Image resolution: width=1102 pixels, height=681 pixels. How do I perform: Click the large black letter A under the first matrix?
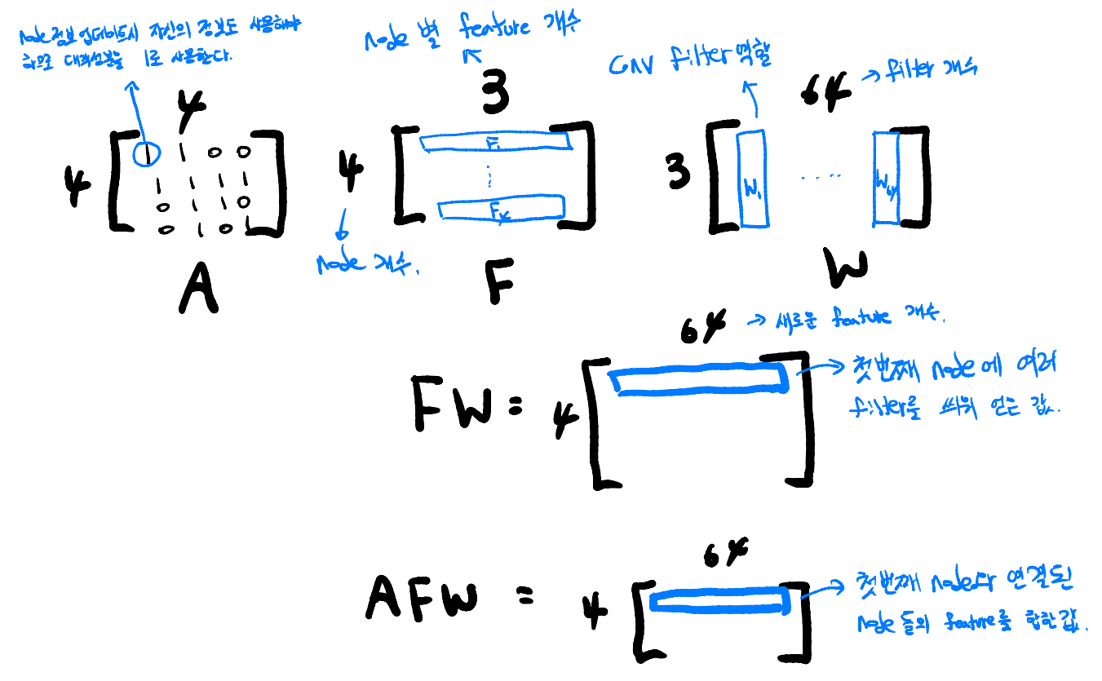point(198,290)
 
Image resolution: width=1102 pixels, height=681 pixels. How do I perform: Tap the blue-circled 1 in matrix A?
point(147,152)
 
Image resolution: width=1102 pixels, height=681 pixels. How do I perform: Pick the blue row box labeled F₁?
point(495,142)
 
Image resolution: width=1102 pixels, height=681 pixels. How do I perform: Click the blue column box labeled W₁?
point(750,179)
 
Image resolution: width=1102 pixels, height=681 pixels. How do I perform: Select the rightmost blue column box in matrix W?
point(886,178)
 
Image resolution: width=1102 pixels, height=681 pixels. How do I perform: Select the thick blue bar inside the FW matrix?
point(700,379)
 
